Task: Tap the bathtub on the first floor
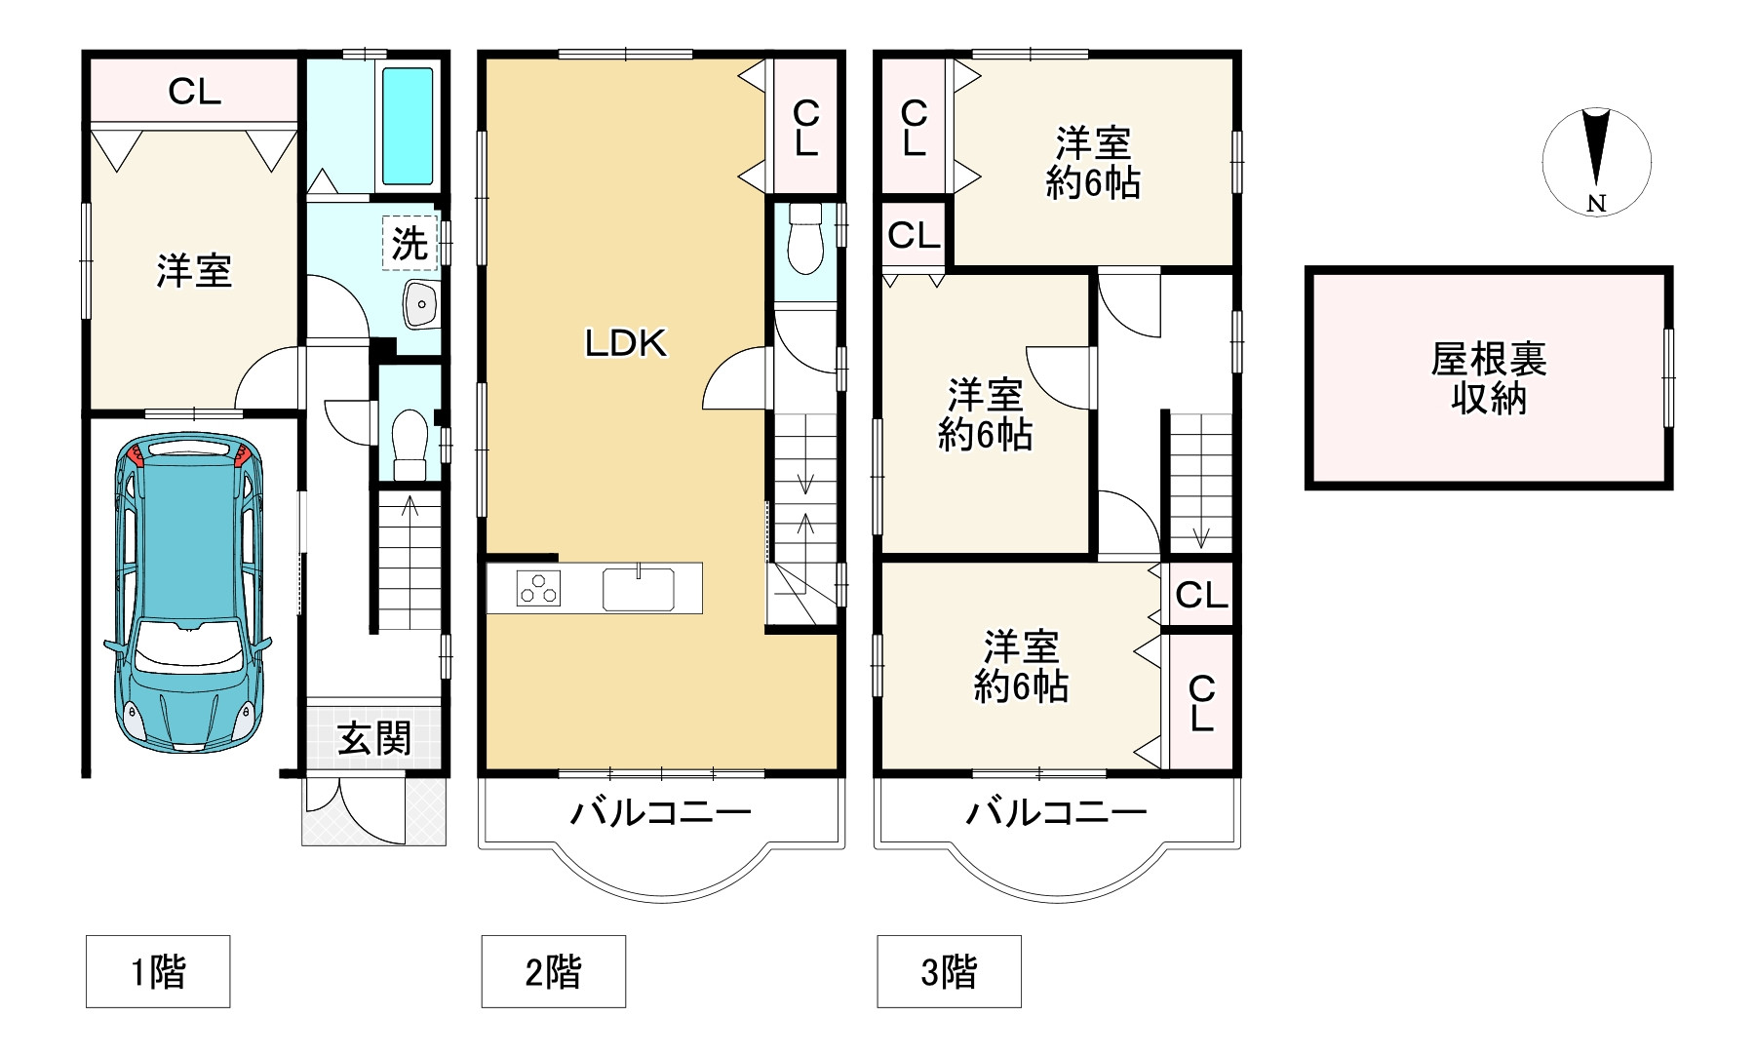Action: click(407, 126)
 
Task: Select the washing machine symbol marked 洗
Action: click(410, 243)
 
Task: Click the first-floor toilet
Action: click(410, 445)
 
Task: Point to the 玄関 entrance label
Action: click(374, 739)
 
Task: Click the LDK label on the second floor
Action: click(625, 343)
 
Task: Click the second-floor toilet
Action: click(805, 239)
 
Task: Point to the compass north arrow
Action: click(1596, 156)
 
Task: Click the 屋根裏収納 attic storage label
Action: click(1488, 379)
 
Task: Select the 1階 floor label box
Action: click(158, 971)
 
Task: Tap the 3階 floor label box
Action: click(949, 971)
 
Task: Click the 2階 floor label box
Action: click(553, 971)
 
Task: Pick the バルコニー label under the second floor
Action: click(660, 811)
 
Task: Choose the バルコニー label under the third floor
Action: click(1056, 811)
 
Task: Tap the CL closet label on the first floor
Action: click(195, 92)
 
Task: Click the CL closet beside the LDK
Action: click(805, 128)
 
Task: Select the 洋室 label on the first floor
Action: click(194, 270)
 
